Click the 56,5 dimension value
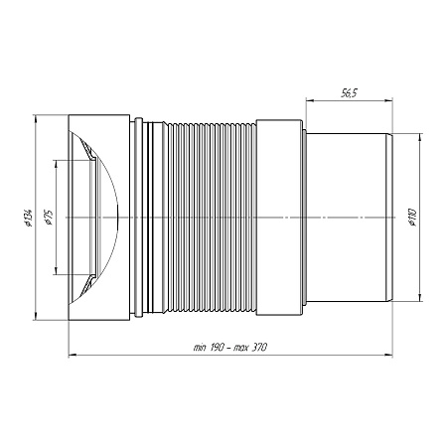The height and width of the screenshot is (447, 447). (349, 93)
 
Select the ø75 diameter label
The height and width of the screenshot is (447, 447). (49, 217)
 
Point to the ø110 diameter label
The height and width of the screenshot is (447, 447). (412, 218)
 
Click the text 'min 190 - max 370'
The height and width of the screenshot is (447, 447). (230, 348)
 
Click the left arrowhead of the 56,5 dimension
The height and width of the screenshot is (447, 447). (310, 101)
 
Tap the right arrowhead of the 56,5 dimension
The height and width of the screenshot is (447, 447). (388, 101)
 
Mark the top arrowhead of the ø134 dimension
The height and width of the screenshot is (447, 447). (35, 119)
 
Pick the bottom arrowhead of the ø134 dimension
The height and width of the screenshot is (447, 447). (35, 316)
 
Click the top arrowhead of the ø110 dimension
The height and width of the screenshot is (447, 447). (419, 137)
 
